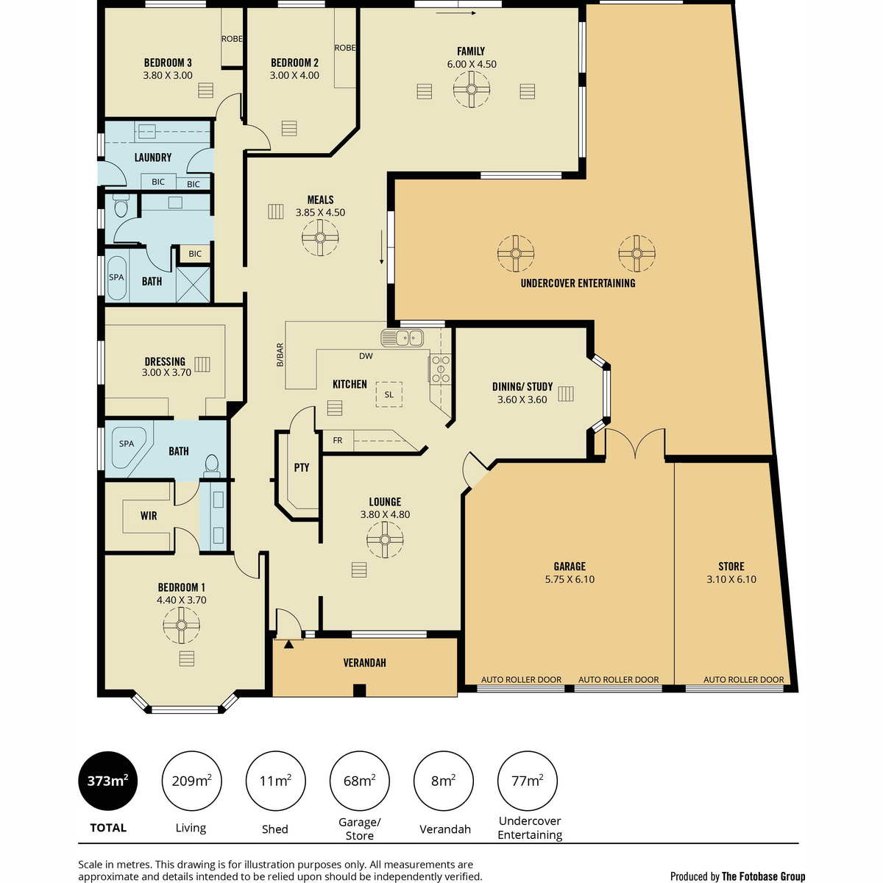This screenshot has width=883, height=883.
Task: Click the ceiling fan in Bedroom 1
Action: click(x=181, y=625)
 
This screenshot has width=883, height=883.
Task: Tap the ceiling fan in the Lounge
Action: click(x=384, y=539)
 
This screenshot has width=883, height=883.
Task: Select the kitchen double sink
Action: click(x=402, y=338)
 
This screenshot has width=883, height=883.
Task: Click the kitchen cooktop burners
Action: click(x=440, y=369)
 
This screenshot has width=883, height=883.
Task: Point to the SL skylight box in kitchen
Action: click(x=389, y=394)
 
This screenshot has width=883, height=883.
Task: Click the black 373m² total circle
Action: click(x=108, y=781)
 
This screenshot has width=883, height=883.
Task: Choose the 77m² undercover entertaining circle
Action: click(x=528, y=781)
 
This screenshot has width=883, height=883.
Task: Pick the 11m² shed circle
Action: click(x=275, y=781)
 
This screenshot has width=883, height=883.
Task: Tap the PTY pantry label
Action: click(x=302, y=467)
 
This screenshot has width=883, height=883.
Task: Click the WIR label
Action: click(x=149, y=516)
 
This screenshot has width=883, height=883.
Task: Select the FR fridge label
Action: click(x=337, y=440)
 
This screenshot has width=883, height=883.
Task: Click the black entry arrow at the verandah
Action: click(x=288, y=645)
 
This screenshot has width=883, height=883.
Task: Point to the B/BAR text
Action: click(x=280, y=355)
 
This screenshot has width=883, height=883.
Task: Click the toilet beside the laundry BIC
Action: click(x=121, y=207)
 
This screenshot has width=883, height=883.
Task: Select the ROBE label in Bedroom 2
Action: click(x=344, y=48)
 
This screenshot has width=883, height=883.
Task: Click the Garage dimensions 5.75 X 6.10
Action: click(x=570, y=579)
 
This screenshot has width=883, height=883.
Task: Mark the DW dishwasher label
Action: click(x=366, y=356)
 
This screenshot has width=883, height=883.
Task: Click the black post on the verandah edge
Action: click(x=359, y=690)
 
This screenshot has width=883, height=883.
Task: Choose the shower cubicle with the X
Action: click(x=193, y=283)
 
